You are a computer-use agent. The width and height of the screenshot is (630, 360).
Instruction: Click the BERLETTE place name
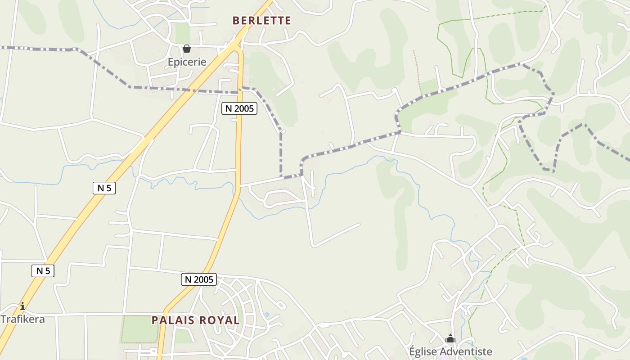(261, 21)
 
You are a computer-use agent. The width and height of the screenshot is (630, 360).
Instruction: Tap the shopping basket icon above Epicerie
(187, 48)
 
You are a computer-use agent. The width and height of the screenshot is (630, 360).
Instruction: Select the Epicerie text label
(187, 62)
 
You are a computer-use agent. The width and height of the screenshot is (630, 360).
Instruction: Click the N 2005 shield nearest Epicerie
(239, 108)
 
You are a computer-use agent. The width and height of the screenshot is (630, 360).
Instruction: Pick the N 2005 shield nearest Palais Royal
(199, 279)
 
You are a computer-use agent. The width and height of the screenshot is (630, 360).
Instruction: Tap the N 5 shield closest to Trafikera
(43, 270)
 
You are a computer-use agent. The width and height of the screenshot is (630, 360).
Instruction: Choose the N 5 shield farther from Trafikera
(104, 188)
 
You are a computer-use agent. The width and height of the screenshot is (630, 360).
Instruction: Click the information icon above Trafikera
(22, 306)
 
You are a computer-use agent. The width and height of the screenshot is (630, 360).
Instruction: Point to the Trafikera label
(22, 319)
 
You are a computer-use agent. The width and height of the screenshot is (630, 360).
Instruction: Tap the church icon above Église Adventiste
(450, 338)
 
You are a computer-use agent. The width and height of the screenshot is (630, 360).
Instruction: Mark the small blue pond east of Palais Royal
(267, 315)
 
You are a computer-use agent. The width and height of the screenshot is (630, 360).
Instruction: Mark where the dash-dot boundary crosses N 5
(198, 91)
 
